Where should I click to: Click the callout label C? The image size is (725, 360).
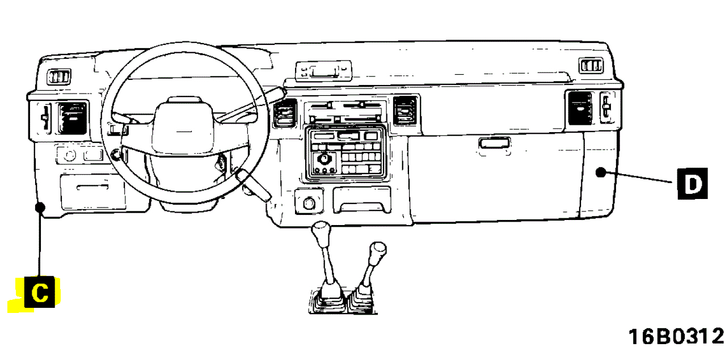click(40, 293)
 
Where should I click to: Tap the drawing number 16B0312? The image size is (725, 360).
click(676, 337)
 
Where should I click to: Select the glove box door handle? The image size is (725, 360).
click(495, 143)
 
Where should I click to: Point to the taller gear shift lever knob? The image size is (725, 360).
click(322, 232)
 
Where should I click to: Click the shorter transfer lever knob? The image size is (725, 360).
click(377, 250)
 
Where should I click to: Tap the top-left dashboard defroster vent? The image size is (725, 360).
click(58, 77)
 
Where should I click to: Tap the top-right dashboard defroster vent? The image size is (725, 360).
click(590, 65)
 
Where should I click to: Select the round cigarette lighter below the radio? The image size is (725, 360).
click(310, 202)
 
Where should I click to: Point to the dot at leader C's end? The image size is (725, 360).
click(40, 207)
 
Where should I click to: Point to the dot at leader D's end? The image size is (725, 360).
click(601, 173)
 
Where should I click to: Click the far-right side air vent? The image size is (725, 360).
click(581, 108)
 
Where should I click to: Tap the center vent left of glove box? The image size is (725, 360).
click(406, 110)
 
